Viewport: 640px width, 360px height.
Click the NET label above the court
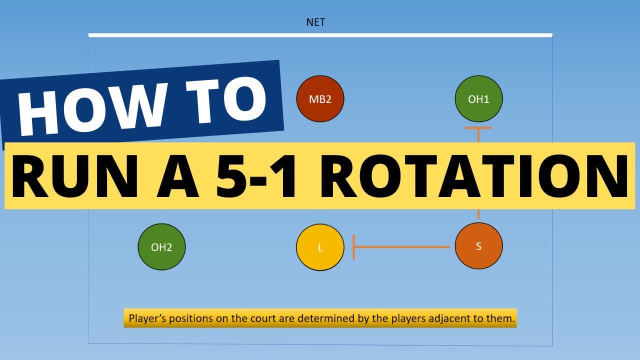315,22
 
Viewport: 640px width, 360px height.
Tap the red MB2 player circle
320,99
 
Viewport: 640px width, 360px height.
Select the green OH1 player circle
478,99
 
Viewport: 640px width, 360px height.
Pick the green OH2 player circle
161,247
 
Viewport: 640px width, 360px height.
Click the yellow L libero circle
320,247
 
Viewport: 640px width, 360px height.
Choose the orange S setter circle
478,246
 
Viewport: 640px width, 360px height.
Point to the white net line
320,35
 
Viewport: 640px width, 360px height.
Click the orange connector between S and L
401,247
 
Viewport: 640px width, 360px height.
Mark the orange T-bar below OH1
478,134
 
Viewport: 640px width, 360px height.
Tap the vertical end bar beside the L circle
353,247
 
